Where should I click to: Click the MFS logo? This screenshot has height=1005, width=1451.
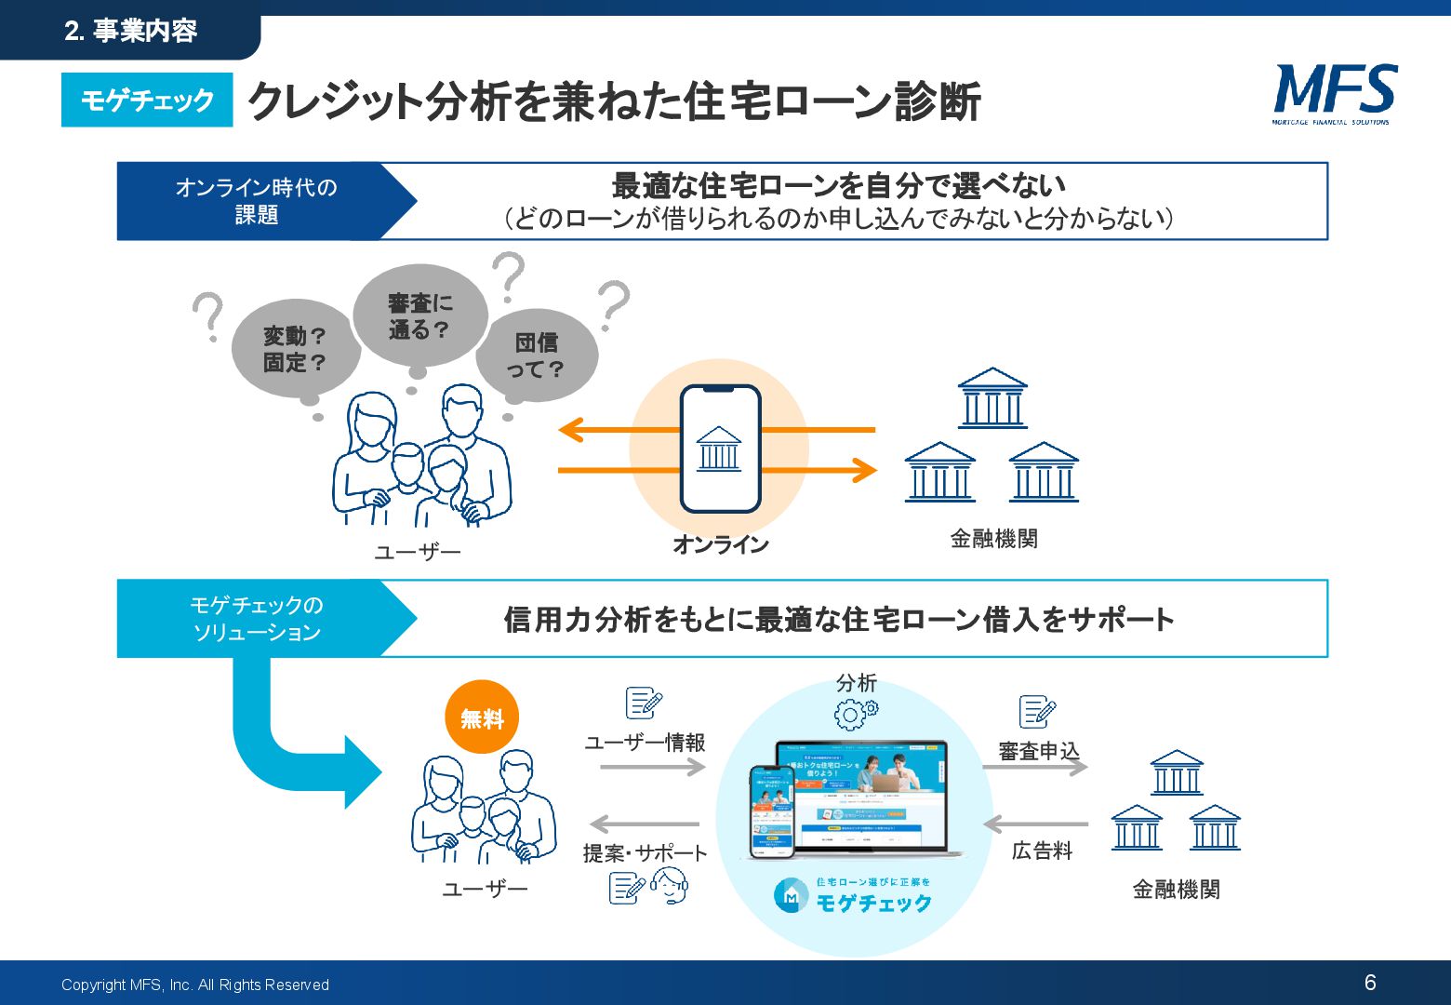click(x=1335, y=93)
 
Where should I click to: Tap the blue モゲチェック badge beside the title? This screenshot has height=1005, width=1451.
click(x=147, y=100)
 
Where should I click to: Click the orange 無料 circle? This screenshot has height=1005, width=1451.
click(x=482, y=718)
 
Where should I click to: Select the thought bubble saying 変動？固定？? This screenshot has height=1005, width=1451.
click(x=295, y=349)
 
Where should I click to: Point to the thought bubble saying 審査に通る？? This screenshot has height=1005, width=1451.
click(x=419, y=315)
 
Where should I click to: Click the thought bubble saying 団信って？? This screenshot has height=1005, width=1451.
click(x=537, y=355)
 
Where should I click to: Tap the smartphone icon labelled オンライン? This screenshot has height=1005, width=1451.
click(x=720, y=449)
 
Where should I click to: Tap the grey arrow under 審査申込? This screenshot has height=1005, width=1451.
click(x=1035, y=767)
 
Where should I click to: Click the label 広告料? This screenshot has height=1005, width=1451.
click(x=1042, y=851)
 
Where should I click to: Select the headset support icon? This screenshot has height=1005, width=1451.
click(x=669, y=886)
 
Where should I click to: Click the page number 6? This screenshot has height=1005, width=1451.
click(x=1370, y=983)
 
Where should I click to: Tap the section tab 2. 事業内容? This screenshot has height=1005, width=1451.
click(x=131, y=31)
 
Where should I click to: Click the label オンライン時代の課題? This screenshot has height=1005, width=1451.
click(x=256, y=201)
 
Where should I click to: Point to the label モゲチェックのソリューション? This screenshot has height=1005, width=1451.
click(x=256, y=619)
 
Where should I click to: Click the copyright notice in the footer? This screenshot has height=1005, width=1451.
click(x=195, y=985)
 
